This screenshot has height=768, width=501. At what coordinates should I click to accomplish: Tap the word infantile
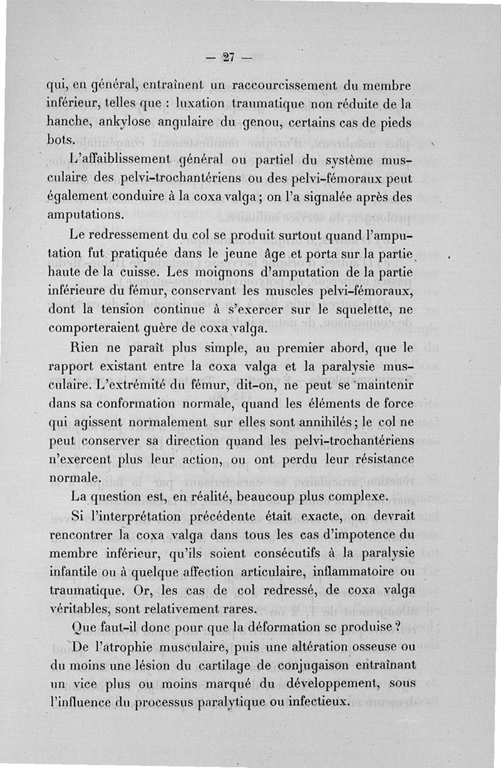tap(77, 572)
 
